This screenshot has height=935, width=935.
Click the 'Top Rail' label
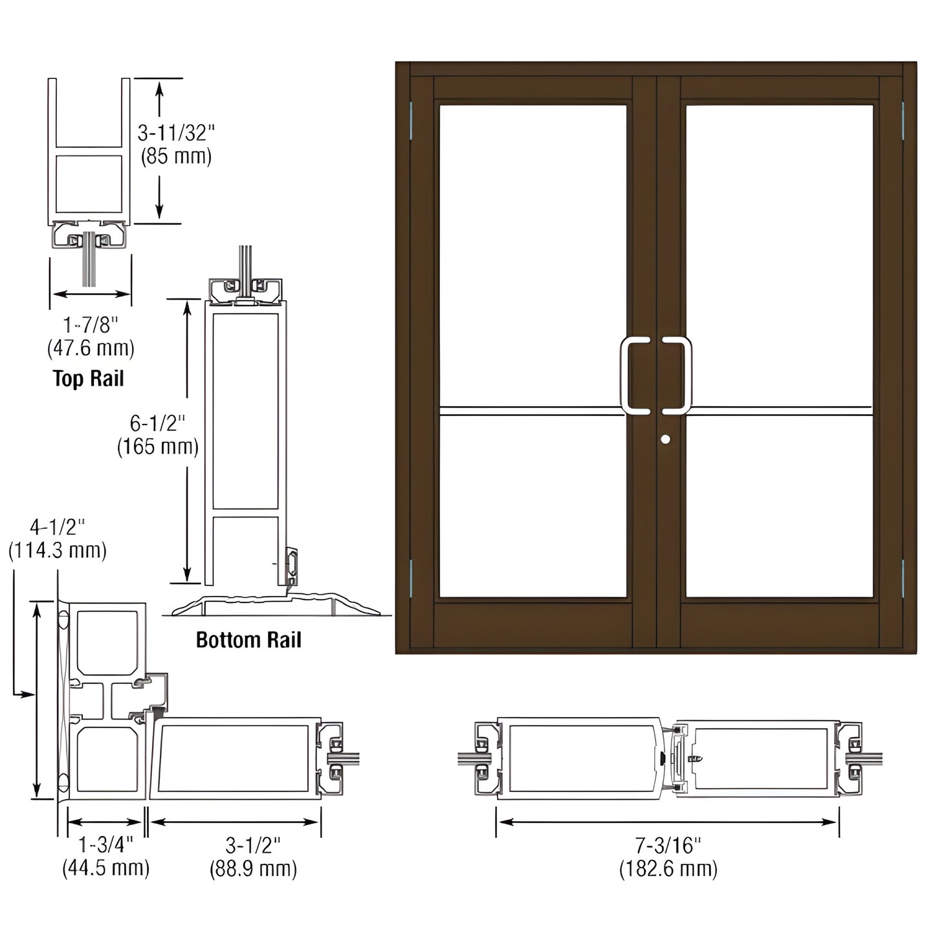click(x=88, y=378)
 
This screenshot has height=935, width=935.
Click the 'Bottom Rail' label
click(x=248, y=640)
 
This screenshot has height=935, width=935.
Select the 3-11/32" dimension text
click(x=175, y=133)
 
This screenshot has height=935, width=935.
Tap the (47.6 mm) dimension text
click(x=91, y=349)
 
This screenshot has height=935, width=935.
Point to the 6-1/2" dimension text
click(x=157, y=424)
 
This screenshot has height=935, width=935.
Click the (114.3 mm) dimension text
click(x=57, y=551)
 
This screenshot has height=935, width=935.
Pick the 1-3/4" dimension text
click(x=105, y=844)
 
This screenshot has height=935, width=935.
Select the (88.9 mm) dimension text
click(x=253, y=868)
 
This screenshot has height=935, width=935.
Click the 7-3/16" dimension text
click(x=668, y=844)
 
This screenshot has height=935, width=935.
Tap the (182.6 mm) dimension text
click(x=668, y=868)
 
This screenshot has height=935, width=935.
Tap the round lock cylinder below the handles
click(x=666, y=439)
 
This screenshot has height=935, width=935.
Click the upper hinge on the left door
click(x=412, y=120)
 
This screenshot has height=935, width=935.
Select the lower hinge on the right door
click(x=903, y=578)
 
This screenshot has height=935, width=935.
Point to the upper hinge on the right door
click(x=903, y=120)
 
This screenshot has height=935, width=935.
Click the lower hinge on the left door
click(x=412, y=578)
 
